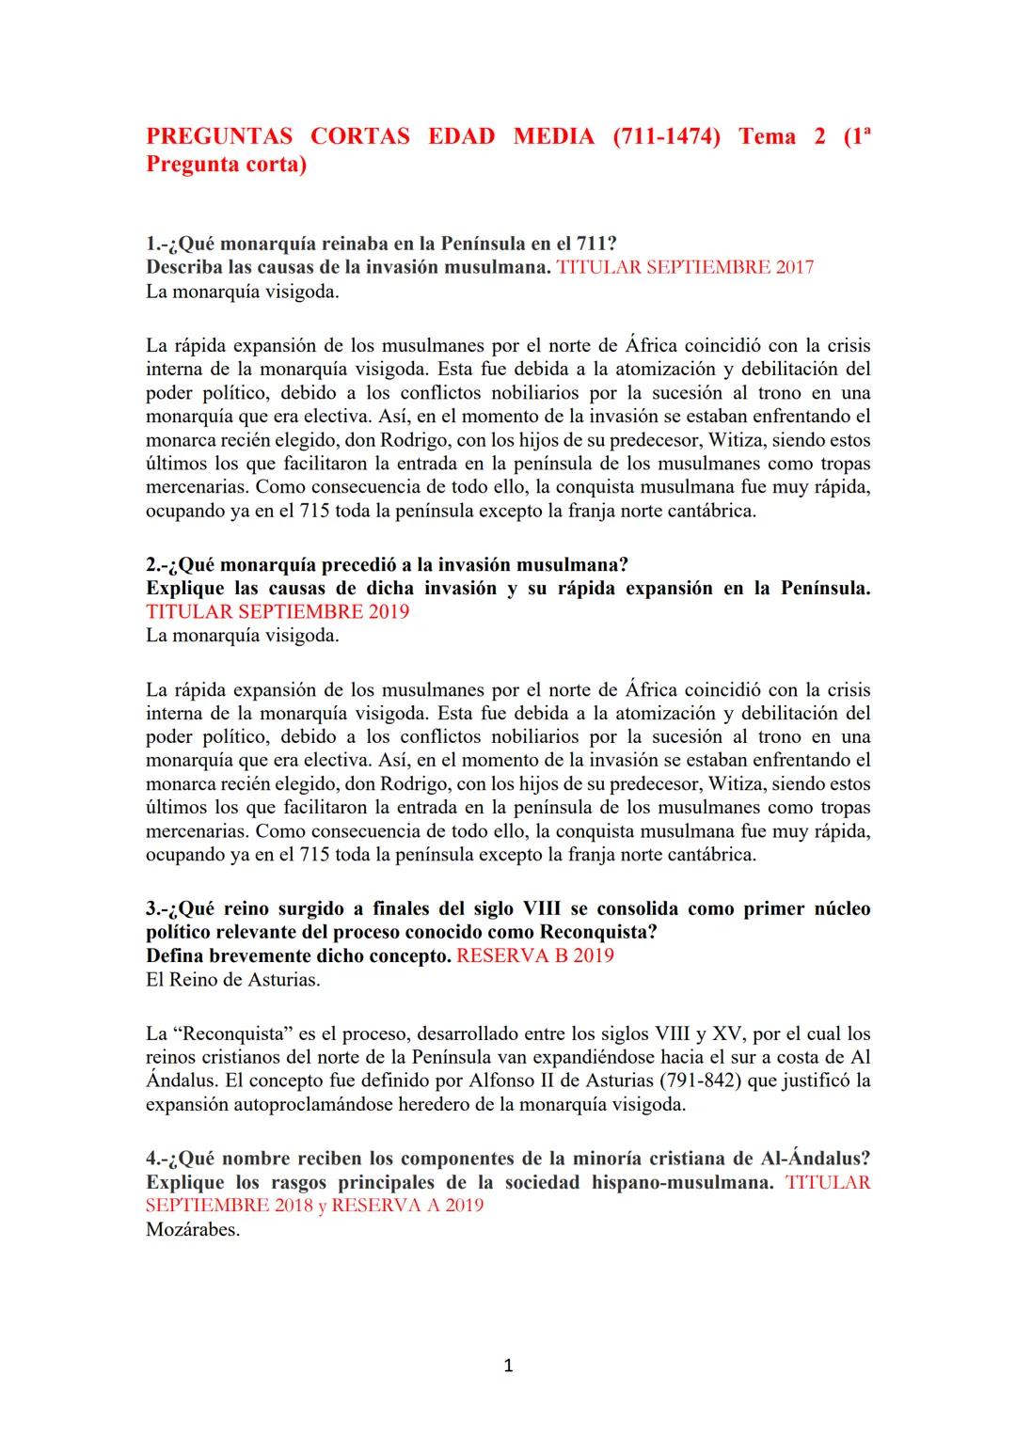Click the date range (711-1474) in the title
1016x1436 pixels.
(666, 136)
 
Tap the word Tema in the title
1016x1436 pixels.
(767, 136)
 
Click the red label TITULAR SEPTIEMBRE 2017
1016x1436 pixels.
(685, 267)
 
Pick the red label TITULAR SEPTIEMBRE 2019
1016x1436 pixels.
(278, 611)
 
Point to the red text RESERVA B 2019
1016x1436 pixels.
(534, 955)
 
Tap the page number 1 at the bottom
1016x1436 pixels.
(508, 1366)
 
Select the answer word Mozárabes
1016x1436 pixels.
(193, 1229)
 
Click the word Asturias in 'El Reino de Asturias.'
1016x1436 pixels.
(282, 980)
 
